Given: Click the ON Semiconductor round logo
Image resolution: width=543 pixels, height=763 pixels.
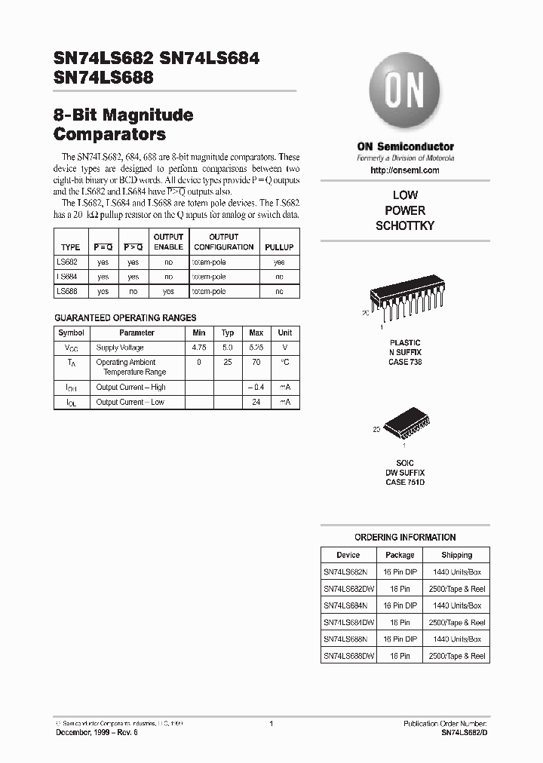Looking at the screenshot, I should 405,91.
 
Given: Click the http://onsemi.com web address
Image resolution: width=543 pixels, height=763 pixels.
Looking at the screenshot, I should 405,171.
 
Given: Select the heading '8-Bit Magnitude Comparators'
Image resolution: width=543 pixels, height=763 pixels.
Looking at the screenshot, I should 124,125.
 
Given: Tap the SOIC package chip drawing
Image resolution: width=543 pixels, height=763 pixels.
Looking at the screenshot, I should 405,429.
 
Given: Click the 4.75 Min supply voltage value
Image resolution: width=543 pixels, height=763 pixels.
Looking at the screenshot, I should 199,348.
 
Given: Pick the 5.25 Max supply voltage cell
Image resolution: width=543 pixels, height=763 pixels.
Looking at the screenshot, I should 256,348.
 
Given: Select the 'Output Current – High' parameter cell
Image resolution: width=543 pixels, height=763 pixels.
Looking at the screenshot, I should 130,387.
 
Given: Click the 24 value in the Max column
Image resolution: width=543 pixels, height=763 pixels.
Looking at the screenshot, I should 256,402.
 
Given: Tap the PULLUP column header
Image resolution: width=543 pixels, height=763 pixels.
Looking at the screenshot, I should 279,247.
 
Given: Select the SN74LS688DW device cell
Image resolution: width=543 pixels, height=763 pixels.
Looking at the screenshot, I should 348,656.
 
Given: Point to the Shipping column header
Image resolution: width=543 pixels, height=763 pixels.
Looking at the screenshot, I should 456,555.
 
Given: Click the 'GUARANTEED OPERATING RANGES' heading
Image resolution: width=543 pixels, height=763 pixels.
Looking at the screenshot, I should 125,318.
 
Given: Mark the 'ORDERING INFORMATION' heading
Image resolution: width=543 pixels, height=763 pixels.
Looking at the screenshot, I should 405,538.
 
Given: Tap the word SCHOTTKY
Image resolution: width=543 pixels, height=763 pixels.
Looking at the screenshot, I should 405,226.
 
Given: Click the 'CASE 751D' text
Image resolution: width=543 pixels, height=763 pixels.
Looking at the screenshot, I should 405,482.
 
